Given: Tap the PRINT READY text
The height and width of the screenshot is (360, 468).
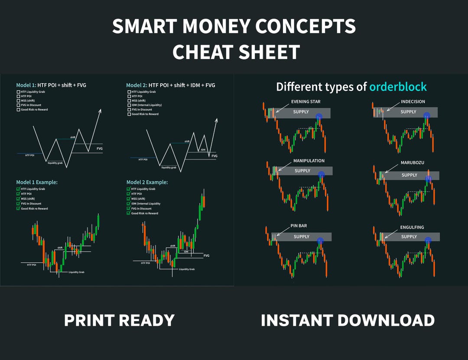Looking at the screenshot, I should pos(119,321).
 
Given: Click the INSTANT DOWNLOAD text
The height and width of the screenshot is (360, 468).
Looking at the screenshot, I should pos(348,321).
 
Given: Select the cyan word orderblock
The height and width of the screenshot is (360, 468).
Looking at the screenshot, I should pos(398,87).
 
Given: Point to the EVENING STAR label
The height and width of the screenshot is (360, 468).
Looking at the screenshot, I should pos(306,102).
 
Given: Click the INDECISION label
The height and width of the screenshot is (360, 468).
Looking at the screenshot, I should pos(413,102).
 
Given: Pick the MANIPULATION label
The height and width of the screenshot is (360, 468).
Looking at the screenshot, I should pos(309,161).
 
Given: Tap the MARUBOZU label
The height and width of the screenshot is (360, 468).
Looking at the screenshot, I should pos(412,162).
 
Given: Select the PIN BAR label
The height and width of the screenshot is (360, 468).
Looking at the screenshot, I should pos(299,226).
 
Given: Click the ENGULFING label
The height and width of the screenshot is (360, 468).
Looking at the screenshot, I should pos(412,227).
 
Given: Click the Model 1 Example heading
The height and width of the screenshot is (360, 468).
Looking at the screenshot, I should pos(37,182).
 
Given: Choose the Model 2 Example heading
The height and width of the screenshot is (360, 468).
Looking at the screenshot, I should pos(147,182).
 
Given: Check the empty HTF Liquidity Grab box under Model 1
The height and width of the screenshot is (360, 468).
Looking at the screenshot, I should pos(18,92).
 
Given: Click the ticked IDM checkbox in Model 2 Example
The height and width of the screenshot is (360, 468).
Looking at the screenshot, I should pos(128,204).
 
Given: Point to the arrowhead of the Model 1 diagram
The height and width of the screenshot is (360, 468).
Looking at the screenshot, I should pos(100,111).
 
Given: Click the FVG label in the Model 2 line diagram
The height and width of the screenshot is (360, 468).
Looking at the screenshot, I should pos(214,156).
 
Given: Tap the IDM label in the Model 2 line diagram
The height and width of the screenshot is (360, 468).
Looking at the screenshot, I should pos(203,150).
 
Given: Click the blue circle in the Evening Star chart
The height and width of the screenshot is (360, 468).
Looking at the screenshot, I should pos(319,116).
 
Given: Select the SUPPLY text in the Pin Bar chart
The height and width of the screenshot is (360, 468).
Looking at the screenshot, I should pos(301,237).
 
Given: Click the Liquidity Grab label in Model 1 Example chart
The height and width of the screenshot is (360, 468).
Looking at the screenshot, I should pos(76,272).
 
